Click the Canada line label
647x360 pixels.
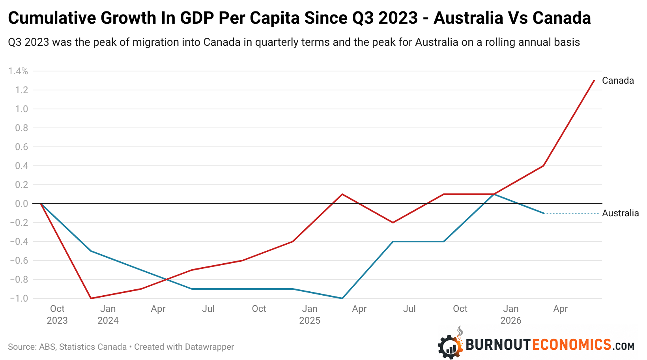tap(618, 81)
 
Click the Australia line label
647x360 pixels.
tap(621, 213)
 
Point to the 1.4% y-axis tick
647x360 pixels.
tap(18, 71)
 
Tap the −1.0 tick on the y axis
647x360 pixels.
tap(19, 298)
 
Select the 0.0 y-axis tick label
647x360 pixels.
tap(22, 204)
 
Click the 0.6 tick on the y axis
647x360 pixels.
tap(22, 147)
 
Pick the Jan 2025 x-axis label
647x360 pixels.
tap(310, 315)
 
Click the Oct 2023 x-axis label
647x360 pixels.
tap(57, 315)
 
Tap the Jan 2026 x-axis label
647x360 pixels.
tap(510, 315)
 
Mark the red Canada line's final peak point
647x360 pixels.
tap(594, 81)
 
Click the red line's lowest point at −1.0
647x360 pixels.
tap(91, 298)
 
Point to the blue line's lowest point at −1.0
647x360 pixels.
tap(342, 298)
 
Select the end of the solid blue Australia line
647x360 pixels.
tap(544, 213)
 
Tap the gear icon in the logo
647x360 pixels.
tap(450, 347)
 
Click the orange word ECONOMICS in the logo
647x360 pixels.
tap(572, 345)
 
